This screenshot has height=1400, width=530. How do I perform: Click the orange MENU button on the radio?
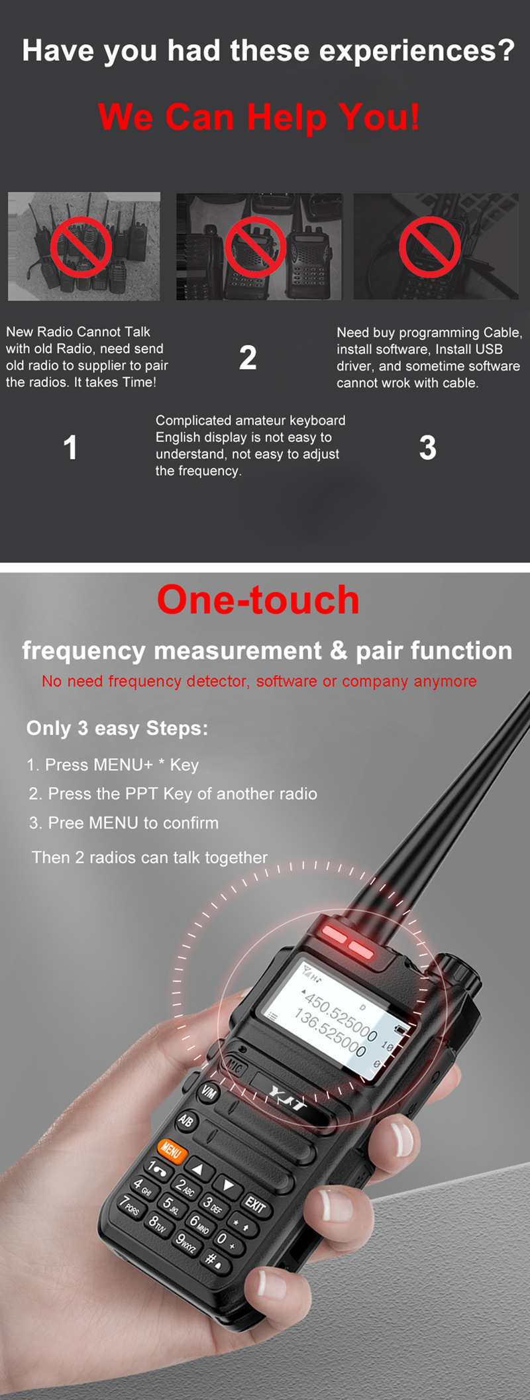(x=171, y=1151)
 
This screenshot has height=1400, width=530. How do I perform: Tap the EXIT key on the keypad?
(x=255, y=1204)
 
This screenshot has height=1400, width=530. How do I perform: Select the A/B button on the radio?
(x=186, y=1120)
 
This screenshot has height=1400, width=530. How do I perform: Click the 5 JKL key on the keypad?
(x=171, y=1205)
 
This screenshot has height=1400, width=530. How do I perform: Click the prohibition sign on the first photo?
(x=82, y=246)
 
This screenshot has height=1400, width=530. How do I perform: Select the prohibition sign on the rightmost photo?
(x=430, y=246)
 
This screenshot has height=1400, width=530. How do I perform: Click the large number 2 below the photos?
(x=248, y=358)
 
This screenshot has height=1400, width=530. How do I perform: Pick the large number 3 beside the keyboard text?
(x=428, y=448)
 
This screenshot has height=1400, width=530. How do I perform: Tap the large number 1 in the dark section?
(x=70, y=448)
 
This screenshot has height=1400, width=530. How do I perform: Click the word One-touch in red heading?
(x=258, y=600)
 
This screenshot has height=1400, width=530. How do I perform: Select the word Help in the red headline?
(x=287, y=117)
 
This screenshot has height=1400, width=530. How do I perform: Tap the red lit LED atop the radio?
(x=348, y=942)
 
